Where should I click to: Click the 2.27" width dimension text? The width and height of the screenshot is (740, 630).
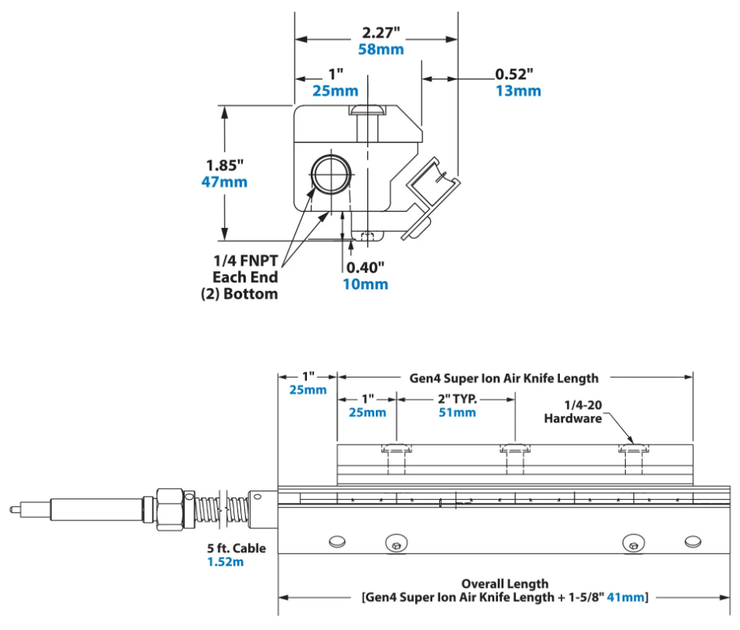(x=381, y=33)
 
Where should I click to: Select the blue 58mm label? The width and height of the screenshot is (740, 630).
(x=381, y=49)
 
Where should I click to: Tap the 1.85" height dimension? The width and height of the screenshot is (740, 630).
(x=226, y=165)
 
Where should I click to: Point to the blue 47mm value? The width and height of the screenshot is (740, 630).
(x=226, y=182)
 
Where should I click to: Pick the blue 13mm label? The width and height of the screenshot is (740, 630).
(x=518, y=91)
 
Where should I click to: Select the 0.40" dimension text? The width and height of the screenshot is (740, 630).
(x=365, y=267)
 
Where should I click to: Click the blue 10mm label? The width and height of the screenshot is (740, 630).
(x=365, y=284)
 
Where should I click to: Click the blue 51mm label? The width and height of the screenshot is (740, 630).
(x=456, y=412)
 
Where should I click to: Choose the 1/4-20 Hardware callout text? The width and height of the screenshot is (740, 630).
(x=573, y=411)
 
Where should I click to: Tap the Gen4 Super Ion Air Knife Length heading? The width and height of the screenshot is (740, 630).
(x=504, y=378)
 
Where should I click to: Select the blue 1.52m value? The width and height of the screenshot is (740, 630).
(x=226, y=563)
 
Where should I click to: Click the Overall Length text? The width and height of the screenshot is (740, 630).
(x=504, y=584)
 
